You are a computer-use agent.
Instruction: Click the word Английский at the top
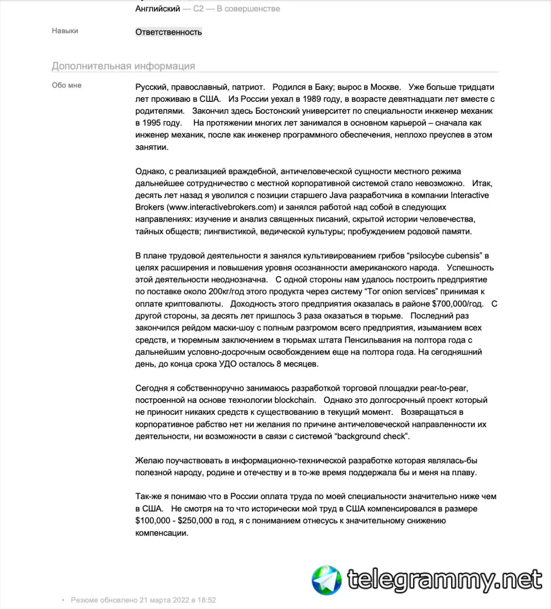(157, 9)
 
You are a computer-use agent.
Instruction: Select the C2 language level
(198, 9)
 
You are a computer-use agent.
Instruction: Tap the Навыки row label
(65, 30)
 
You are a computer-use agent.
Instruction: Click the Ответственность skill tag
(168, 32)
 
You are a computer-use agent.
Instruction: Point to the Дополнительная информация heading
(123, 66)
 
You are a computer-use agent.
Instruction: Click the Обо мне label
(67, 85)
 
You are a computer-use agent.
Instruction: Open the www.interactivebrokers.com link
(222, 207)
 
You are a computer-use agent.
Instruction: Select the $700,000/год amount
(457, 304)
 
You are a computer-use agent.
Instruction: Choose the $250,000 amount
(195, 521)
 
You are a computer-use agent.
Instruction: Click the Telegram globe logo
(327, 580)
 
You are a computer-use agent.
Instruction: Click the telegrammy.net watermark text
(444, 580)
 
